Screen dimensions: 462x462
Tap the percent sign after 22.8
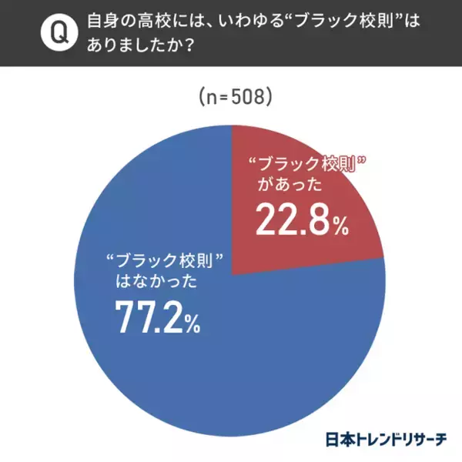click(x=340, y=226)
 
